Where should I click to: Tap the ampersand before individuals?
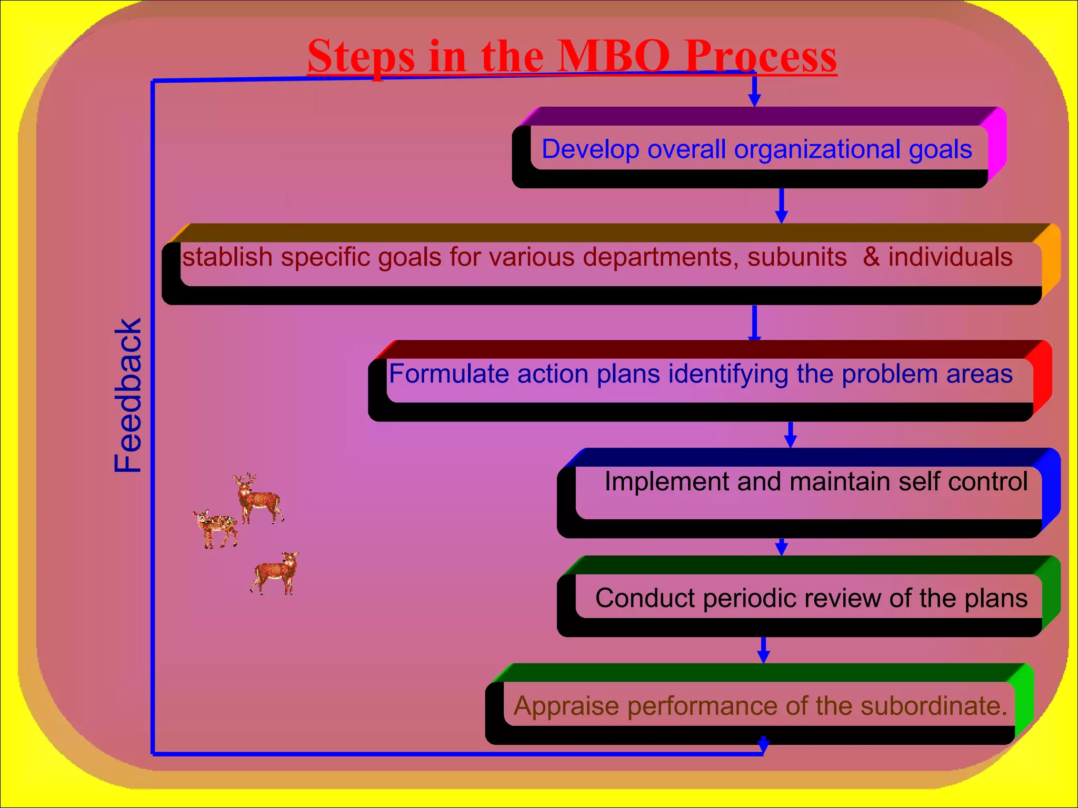coord(871,257)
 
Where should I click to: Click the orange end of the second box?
coord(1051,260)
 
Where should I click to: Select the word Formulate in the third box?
coord(449,374)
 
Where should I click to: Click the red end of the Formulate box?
coord(1042,378)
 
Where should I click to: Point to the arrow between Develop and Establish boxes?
coord(781,206)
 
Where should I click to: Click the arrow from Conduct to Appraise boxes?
coord(763,650)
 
